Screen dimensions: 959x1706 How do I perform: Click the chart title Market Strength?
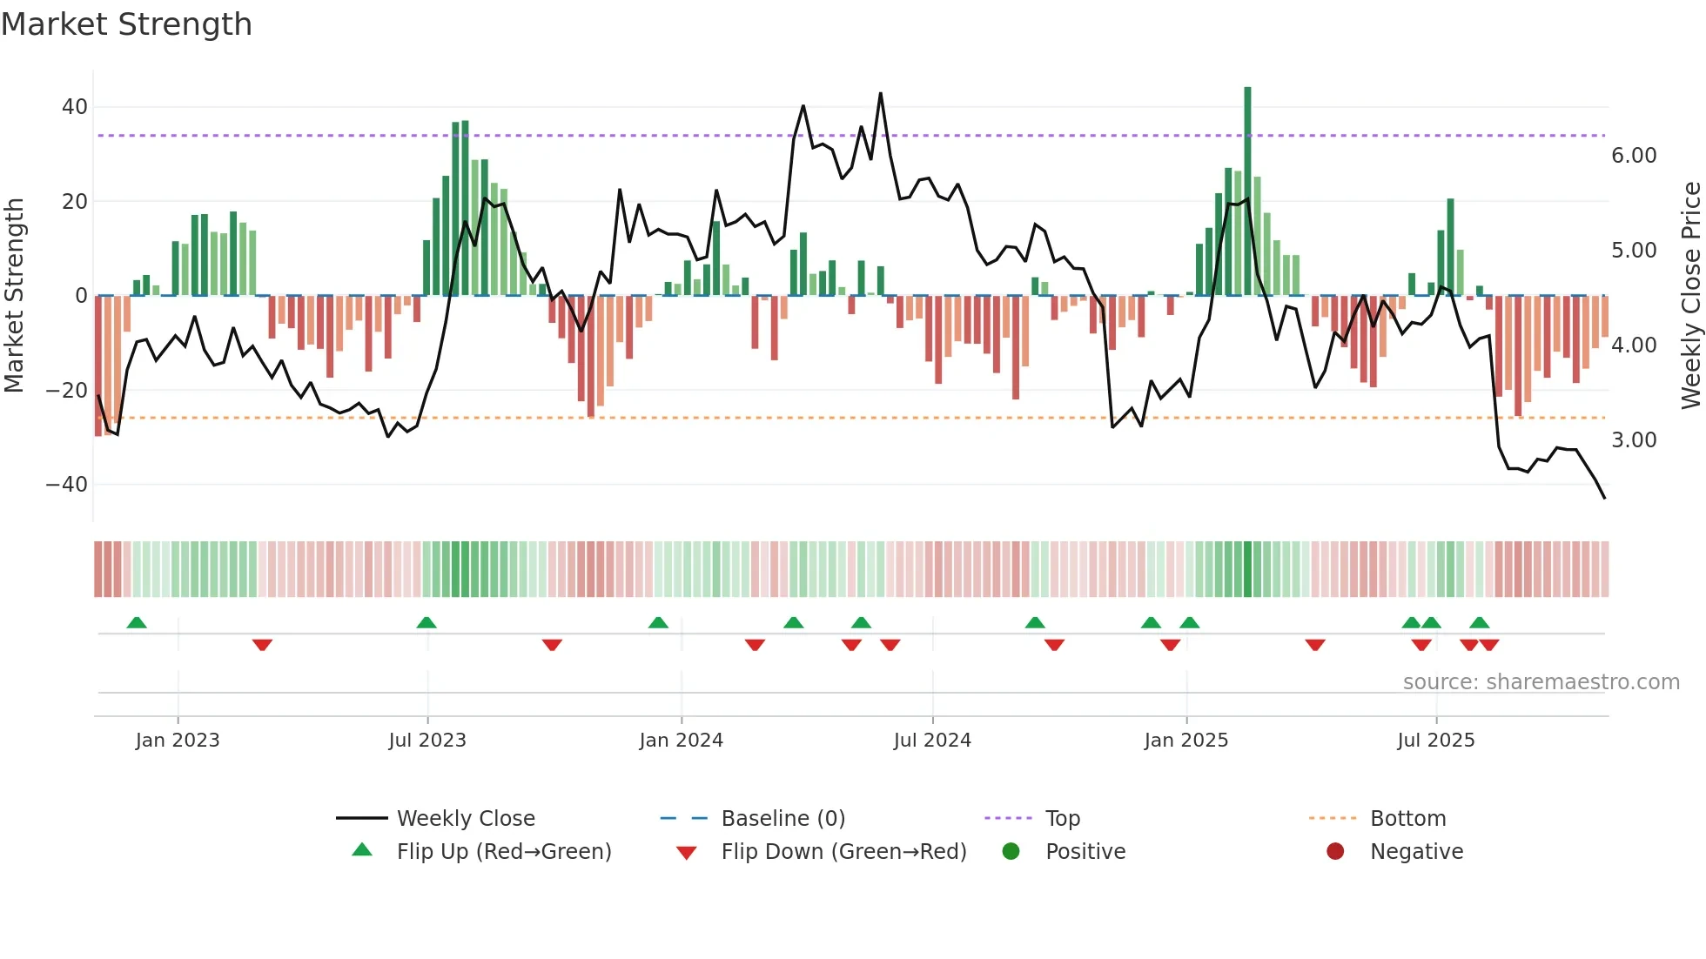click(x=126, y=24)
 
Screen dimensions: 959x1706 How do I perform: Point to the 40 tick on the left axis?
click(x=74, y=107)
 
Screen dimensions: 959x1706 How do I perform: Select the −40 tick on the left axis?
click(x=67, y=484)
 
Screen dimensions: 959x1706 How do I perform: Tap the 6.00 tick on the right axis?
click(x=1634, y=156)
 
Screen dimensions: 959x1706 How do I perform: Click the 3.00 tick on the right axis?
click(x=1634, y=440)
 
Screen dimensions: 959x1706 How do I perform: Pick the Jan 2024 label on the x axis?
click(x=681, y=741)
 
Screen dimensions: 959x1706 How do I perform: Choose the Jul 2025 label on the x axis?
click(x=1435, y=741)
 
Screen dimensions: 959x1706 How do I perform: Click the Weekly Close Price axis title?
click(x=1690, y=296)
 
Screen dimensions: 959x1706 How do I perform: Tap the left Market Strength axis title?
click(x=15, y=296)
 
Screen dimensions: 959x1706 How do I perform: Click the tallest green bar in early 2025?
click(x=1247, y=191)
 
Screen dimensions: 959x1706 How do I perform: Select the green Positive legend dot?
click(x=1011, y=851)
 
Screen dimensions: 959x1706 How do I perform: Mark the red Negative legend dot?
click(x=1335, y=851)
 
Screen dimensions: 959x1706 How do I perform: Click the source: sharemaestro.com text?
click(x=1541, y=682)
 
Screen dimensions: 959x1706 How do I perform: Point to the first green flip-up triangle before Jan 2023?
click(x=137, y=622)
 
